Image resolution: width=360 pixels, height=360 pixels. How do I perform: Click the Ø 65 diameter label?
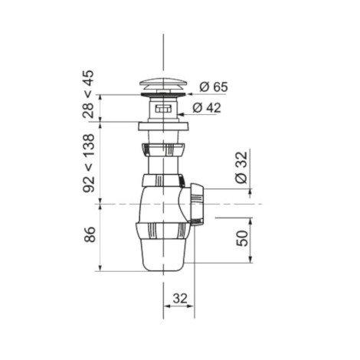(214, 87)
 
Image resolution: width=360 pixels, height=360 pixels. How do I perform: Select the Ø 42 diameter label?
(207, 108)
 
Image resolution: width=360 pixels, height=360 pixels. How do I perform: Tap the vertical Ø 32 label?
(241, 168)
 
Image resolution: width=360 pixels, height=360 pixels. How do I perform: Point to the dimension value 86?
(89, 234)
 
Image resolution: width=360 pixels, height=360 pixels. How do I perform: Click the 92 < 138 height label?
(89, 163)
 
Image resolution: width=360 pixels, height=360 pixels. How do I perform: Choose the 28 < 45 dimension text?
(88, 94)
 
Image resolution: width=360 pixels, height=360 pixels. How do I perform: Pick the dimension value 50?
(242, 238)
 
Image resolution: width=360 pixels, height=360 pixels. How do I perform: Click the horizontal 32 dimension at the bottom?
(180, 298)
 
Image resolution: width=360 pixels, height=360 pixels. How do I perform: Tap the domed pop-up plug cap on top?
(163, 84)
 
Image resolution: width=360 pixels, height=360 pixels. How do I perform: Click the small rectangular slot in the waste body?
(163, 110)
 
